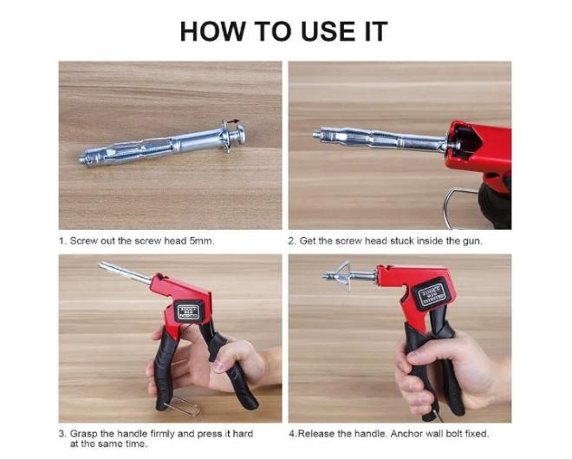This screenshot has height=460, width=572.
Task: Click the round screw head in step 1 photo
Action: [x=241, y=134]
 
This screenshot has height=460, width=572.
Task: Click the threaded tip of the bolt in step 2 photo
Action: [x=318, y=134]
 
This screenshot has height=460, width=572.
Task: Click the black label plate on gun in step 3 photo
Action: [x=189, y=312]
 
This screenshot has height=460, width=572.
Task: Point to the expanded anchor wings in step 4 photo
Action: [x=344, y=275]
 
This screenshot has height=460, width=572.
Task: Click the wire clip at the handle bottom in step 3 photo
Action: [x=182, y=404]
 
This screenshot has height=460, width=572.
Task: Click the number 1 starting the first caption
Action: [x=62, y=241]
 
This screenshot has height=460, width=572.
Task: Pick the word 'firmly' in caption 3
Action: [x=162, y=434]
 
